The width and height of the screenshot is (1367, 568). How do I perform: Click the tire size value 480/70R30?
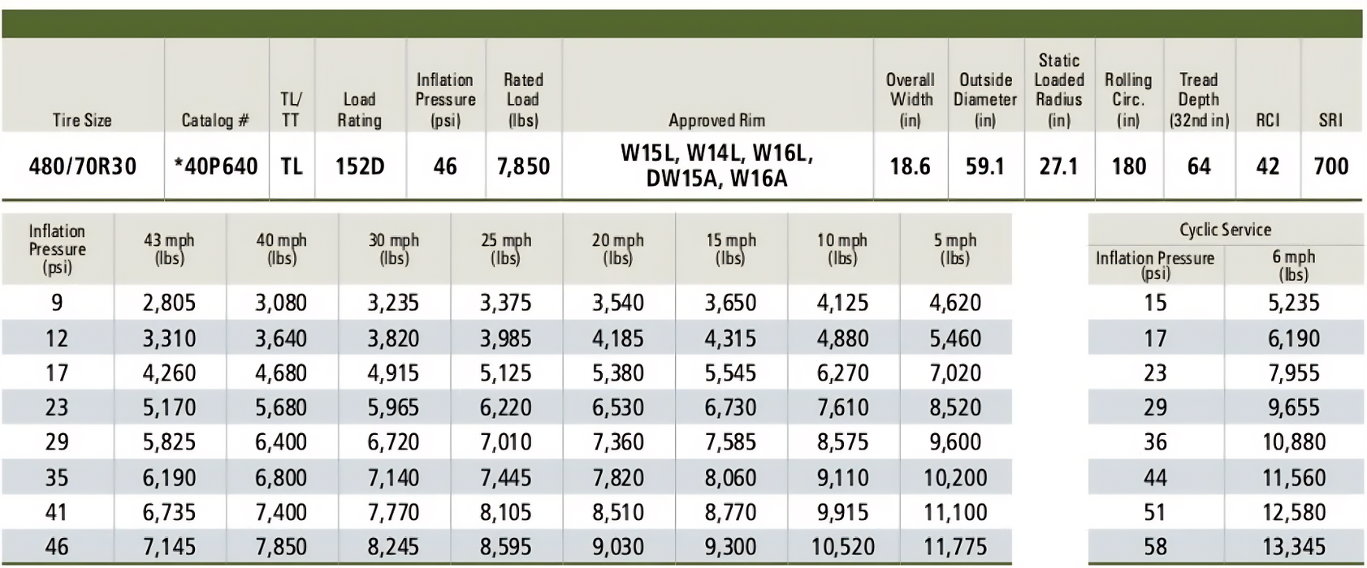click(x=82, y=166)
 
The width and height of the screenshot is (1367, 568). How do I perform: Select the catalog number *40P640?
click(x=216, y=166)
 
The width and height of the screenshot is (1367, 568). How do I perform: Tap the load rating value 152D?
click(x=359, y=166)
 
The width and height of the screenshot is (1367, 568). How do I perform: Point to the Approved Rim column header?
click(x=716, y=120)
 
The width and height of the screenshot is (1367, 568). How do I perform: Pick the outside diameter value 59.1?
click(x=984, y=166)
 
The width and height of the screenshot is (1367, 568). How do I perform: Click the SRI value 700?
click(x=1330, y=166)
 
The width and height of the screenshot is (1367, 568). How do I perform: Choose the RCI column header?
click(x=1267, y=120)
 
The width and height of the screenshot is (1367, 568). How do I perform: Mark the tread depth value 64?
click(x=1198, y=166)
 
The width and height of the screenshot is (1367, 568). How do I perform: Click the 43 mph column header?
click(x=169, y=248)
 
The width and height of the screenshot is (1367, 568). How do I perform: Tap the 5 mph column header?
click(x=955, y=248)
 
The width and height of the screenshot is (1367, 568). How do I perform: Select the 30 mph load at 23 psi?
click(x=393, y=407)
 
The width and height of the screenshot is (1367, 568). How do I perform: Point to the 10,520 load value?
click(x=842, y=547)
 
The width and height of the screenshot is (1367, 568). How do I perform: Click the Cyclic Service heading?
click(x=1225, y=230)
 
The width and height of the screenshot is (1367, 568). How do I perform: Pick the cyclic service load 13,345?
click(x=1293, y=547)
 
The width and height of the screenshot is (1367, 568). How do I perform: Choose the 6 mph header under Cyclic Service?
click(x=1293, y=265)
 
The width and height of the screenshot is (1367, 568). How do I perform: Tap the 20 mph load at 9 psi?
click(x=617, y=303)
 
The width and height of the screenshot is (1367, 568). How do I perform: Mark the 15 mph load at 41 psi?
click(x=730, y=512)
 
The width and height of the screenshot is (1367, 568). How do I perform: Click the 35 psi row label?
click(x=57, y=477)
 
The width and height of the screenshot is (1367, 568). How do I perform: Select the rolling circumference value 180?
click(x=1128, y=166)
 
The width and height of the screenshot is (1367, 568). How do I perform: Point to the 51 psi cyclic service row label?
click(x=1154, y=512)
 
